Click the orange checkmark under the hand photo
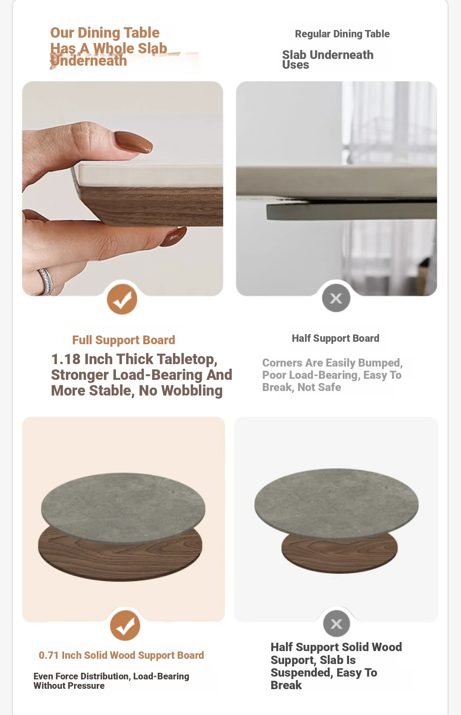pyautogui.click(x=122, y=299)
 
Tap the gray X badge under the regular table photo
pyautogui.click(x=336, y=298)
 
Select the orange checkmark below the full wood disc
pyautogui.click(x=125, y=625)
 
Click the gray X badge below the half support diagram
pyautogui.click(x=336, y=624)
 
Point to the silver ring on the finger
pyautogui.click(x=46, y=281)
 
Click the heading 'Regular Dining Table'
pyautogui.click(x=342, y=34)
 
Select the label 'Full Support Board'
pyautogui.click(x=123, y=340)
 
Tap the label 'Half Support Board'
pyautogui.click(x=335, y=338)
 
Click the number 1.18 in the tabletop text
pyautogui.click(x=66, y=359)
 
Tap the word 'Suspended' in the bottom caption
pyautogui.click(x=302, y=673)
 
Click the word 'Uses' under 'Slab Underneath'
pyautogui.click(x=295, y=65)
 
